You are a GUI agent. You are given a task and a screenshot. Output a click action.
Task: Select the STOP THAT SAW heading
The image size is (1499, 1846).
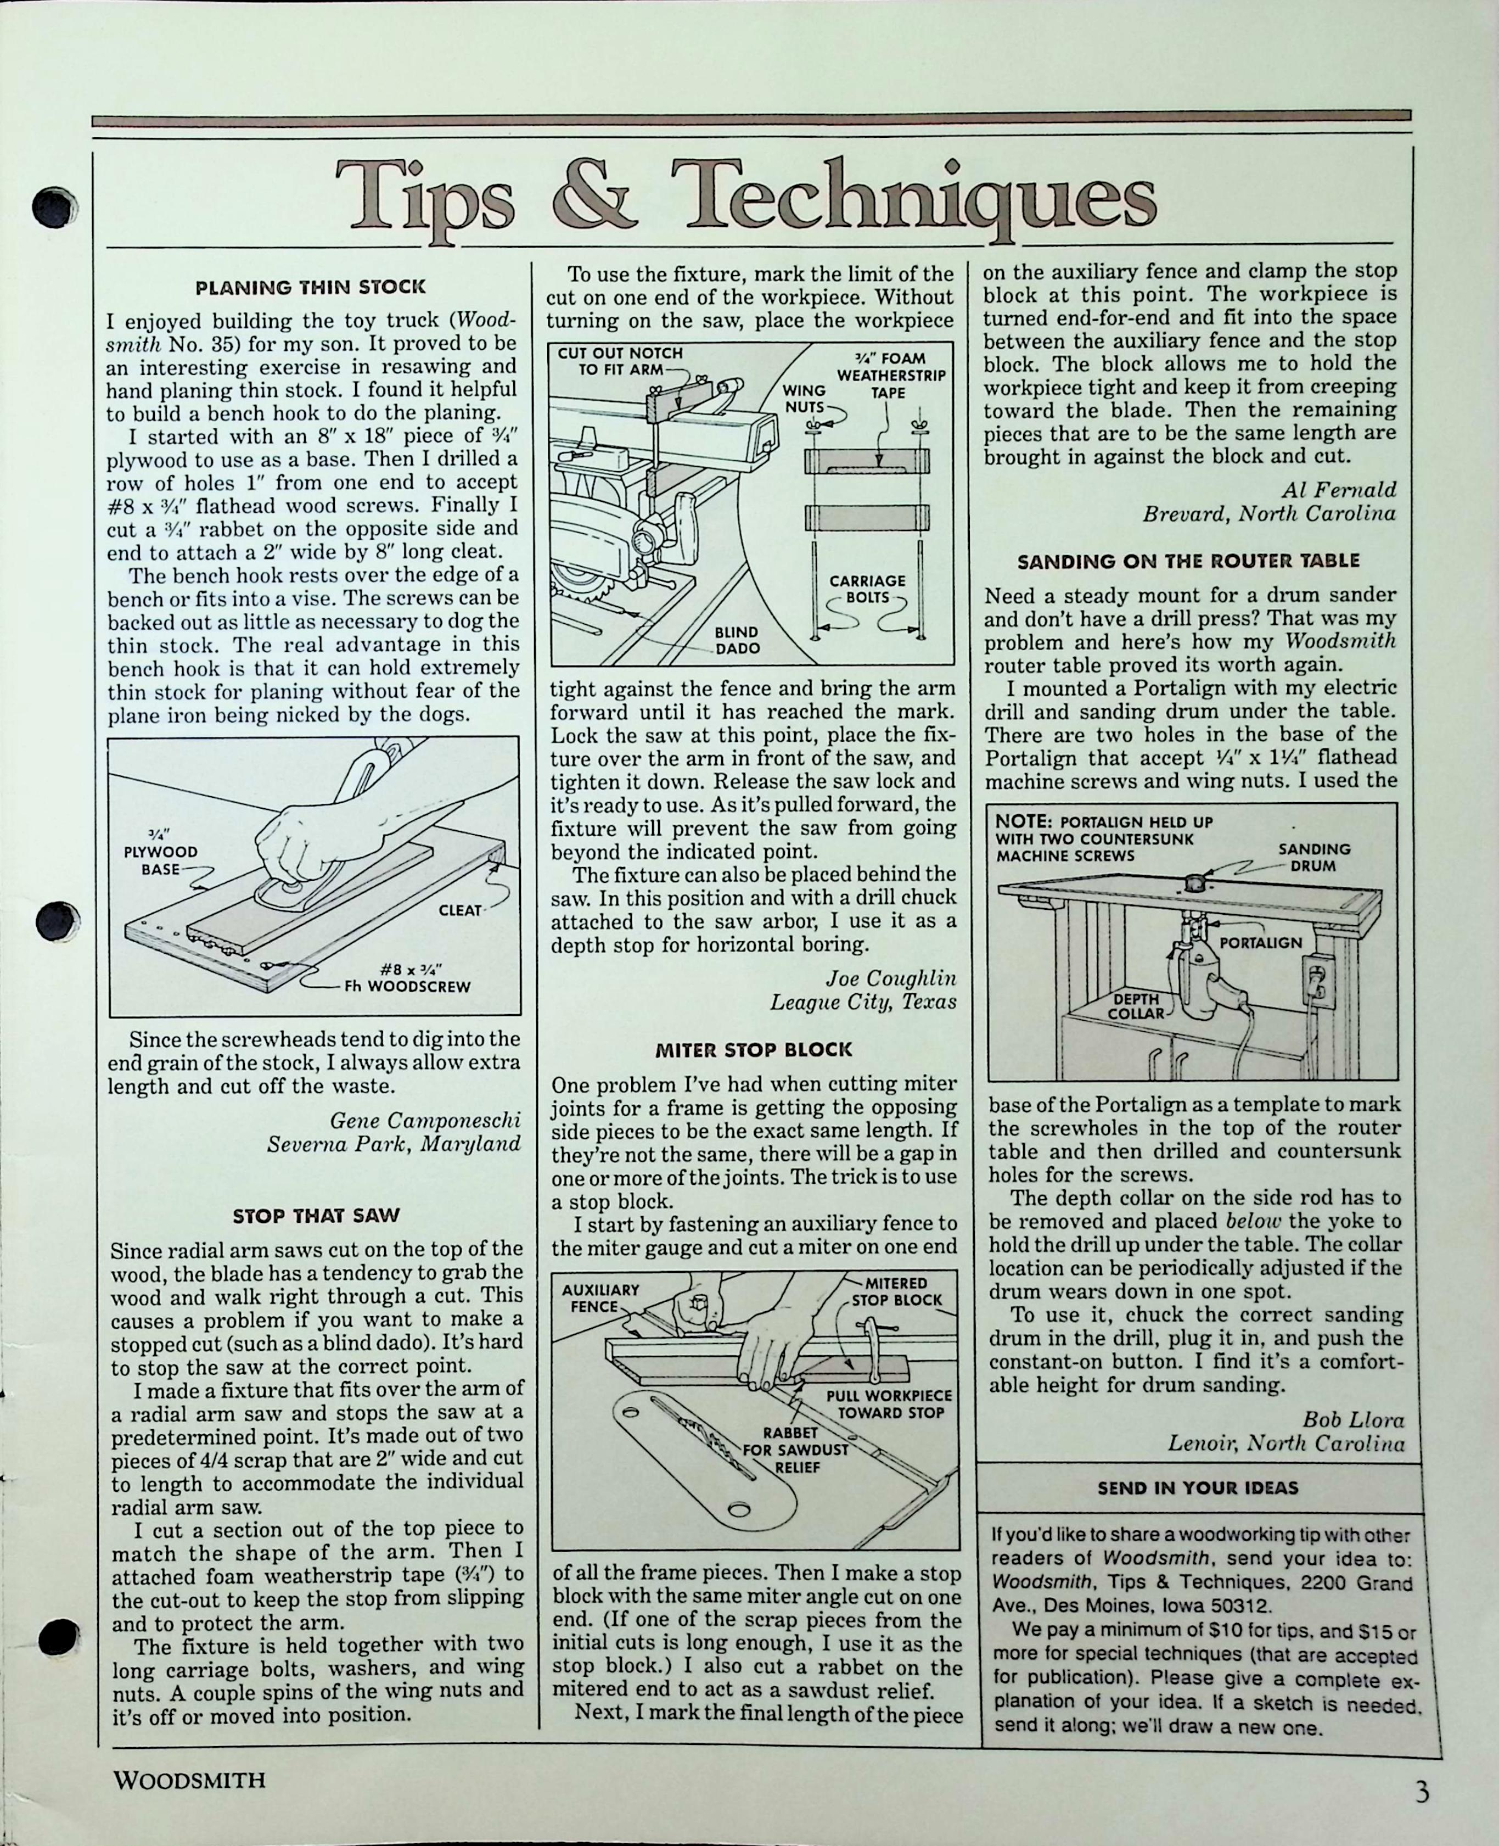click(316, 1216)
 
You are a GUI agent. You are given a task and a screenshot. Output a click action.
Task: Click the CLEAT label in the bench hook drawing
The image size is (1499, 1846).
click(459, 910)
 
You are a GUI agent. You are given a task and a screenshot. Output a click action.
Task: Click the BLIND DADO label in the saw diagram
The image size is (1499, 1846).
click(737, 640)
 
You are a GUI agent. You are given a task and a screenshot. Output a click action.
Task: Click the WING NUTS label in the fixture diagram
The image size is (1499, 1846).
click(804, 398)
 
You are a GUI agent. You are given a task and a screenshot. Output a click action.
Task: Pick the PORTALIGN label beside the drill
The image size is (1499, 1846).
click(1260, 942)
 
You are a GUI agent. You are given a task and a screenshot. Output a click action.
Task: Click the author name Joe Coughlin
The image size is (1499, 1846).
click(890, 978)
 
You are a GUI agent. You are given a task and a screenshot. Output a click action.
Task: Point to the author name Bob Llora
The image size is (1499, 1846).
click(1352, 1420)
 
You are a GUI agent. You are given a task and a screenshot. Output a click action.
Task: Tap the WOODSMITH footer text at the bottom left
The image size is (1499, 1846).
click(189, 1780)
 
